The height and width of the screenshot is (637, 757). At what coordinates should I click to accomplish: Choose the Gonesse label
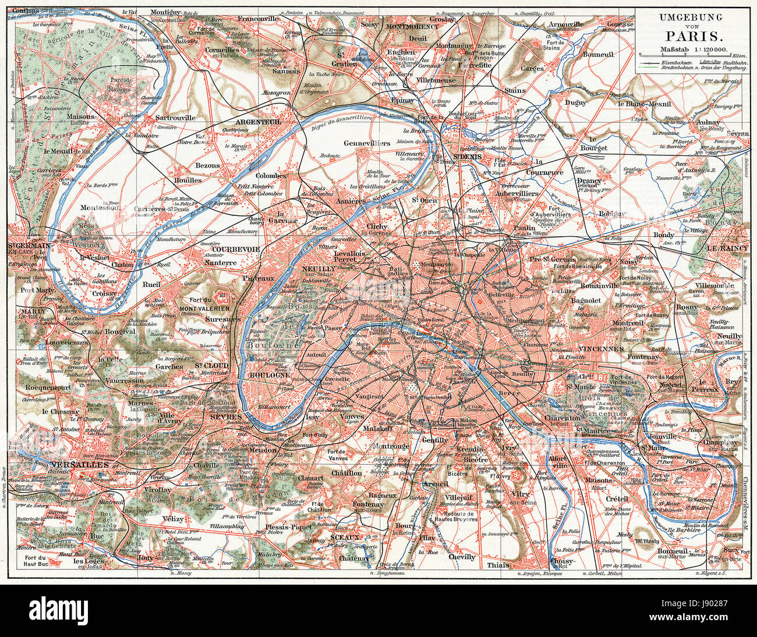click(x=620, y=25)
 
